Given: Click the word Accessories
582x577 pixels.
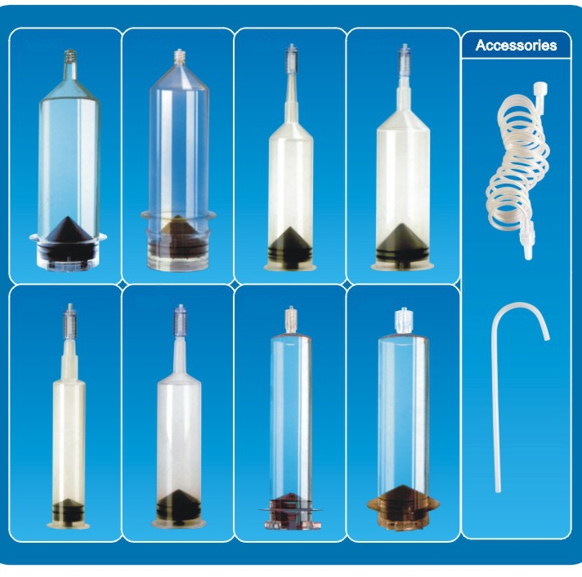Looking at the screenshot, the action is (516, 45).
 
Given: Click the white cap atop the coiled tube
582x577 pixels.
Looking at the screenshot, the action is (541, 89).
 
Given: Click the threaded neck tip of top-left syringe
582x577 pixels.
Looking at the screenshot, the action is (69, 55).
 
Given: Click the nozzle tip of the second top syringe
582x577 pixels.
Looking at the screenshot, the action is (179, 55).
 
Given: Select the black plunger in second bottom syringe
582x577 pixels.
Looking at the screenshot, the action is (178, 504).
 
